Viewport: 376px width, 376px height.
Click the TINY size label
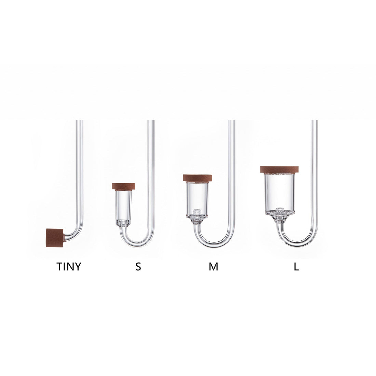(69, 266)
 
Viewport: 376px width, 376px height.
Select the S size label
(138, 266)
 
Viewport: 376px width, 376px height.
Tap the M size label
(213, 266)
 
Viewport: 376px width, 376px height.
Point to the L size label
(296, 266)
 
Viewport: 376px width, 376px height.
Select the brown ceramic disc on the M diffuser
(198, 178)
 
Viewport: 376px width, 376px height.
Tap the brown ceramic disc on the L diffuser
(279, 170)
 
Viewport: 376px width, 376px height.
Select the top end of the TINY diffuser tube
(80, 122)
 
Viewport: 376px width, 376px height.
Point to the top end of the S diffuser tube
(151, 122)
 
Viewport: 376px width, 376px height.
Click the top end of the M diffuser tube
(231, 122)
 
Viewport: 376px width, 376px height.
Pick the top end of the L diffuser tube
(314, 122)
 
